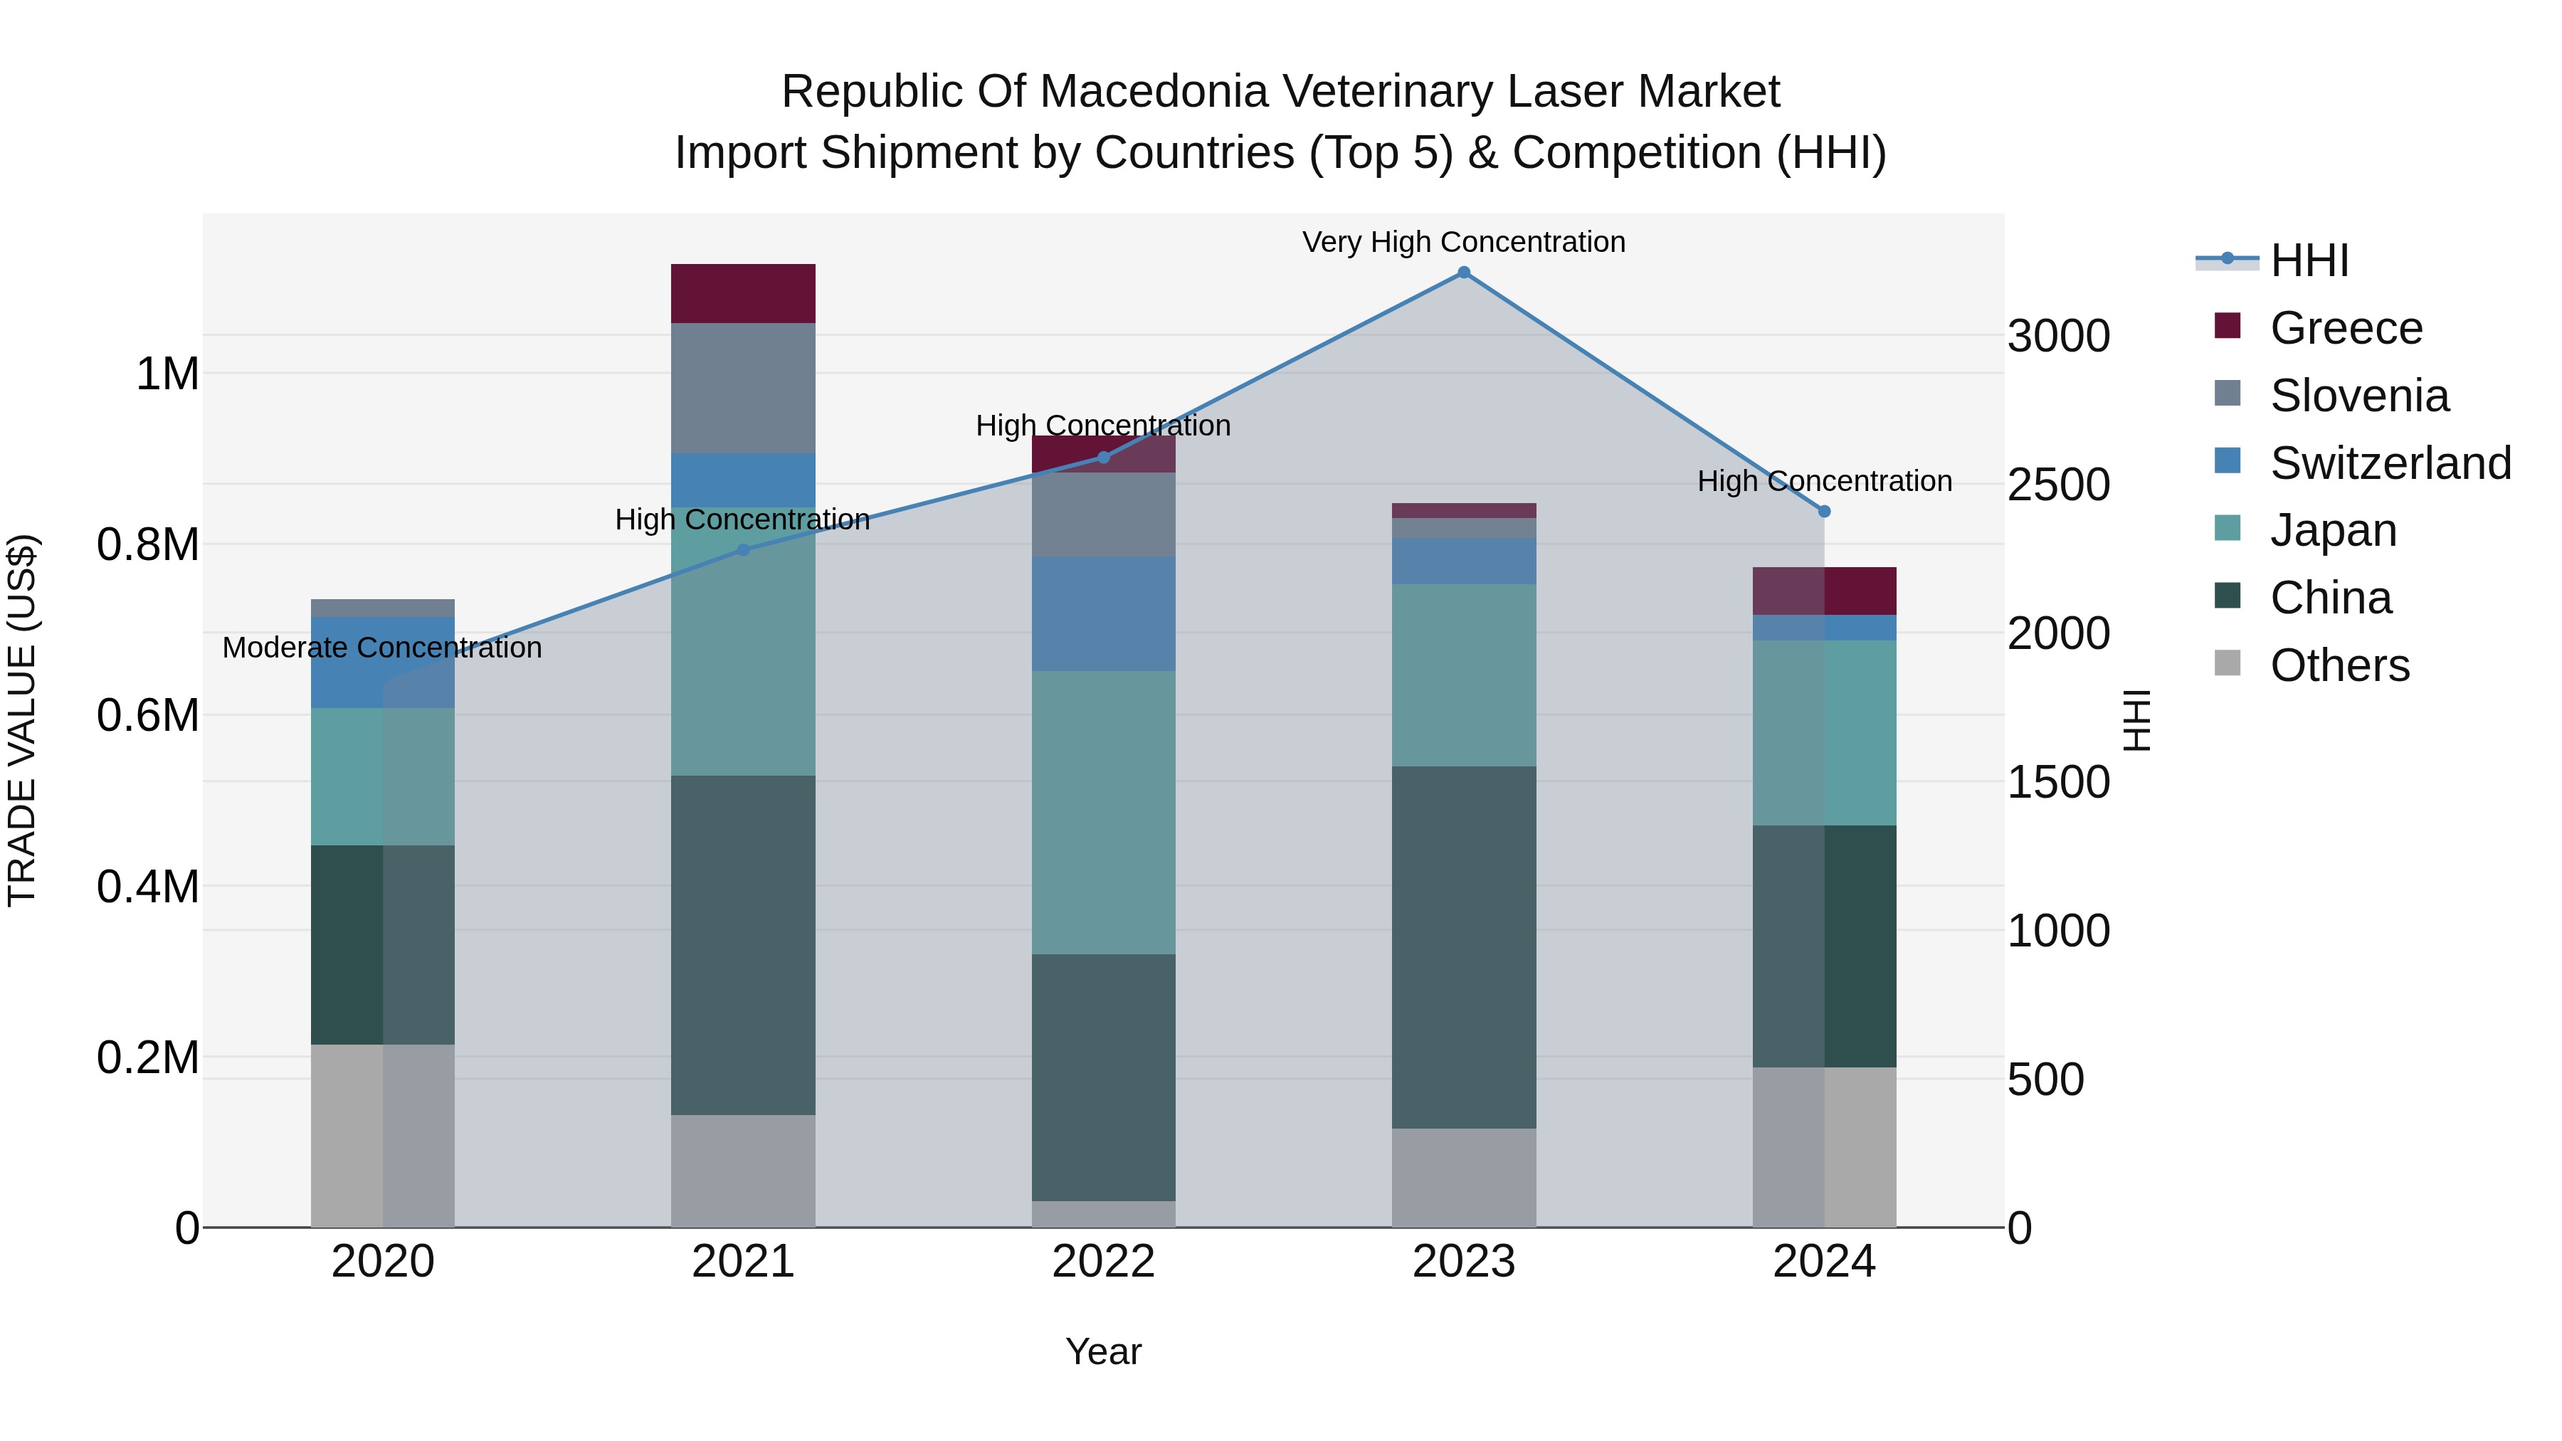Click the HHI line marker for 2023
[x=1463, y=273]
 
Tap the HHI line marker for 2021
[x=743, y=550]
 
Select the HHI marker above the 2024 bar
[x=1824, y=511]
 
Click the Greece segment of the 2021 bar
[x=743, y=293]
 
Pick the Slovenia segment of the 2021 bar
[x=743, y=388]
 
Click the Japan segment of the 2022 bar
[x=1103, y=813]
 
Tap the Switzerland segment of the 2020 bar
[x=383, y=663]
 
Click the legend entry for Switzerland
[x=2390, y=463]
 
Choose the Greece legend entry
[x=2345, y=328]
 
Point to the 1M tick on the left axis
[x=167, y=375]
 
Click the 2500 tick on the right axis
[x=2057, y=485]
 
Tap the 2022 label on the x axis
[x=1103, y=1262]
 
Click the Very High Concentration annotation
[x=1463, y=242]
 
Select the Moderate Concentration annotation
[x=382, y=648]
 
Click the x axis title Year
[x=1103, y=1351]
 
